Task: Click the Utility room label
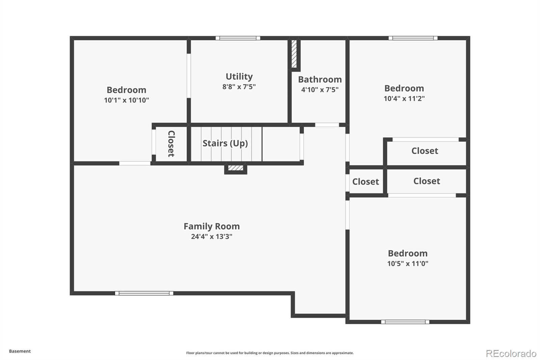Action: [239, 76]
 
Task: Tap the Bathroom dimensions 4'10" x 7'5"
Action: [320, 89]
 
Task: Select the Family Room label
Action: [212, 226]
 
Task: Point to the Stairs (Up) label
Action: [225, 143]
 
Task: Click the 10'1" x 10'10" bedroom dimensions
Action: [126, 100]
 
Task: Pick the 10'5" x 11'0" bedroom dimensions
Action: [408, 263]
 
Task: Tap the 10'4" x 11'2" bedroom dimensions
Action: [404, 98]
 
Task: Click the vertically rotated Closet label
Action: [171, 144]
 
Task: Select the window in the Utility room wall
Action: [238, 38]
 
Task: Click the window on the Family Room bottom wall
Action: [144, 293]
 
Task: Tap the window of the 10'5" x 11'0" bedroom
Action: [405, 322]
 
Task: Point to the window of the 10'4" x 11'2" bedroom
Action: [413, 38]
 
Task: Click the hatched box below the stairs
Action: [236, 168]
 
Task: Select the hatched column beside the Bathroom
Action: [294, 54]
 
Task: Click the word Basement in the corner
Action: [20, 351]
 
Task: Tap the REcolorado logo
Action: [511, 354]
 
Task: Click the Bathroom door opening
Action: [327, 125]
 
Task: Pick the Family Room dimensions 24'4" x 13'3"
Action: [212, 236]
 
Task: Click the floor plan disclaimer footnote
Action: [270, 353]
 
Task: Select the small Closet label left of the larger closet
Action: [366, 182]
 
